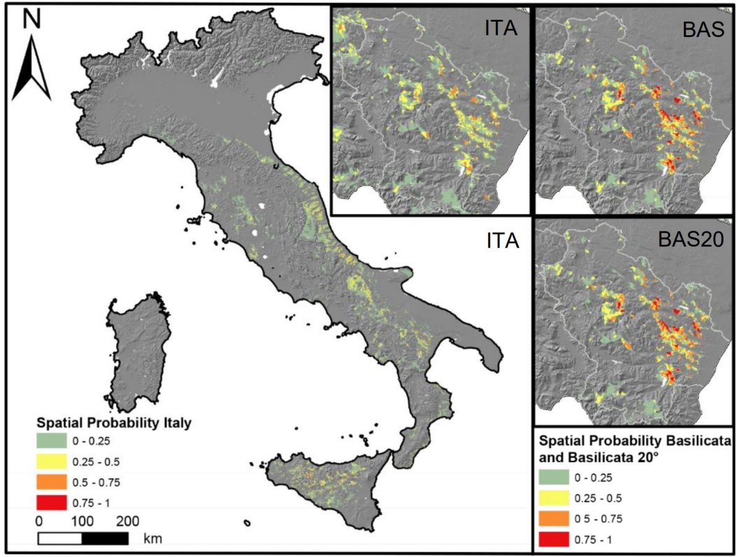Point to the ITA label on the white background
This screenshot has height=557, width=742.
tap(499, 240)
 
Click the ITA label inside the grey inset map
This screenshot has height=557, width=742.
tap(501, 29)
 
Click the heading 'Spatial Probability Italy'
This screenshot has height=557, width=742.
tap(113, 424)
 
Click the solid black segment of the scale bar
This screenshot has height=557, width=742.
tap(105, 538)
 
